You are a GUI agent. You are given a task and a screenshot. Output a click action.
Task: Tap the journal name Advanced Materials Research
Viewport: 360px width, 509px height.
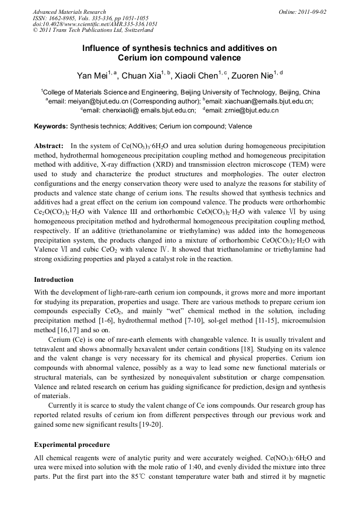pyautogui.click(x=69, y=11)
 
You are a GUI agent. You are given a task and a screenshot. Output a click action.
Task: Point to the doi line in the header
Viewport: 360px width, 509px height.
pyautogui.click(x=95, y=24)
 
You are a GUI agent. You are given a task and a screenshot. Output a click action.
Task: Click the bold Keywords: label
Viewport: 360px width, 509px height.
pyautogui.click(x=51, y=126)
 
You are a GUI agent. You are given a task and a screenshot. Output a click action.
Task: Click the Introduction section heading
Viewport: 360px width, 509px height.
pyautogui.click(x=54, y=279)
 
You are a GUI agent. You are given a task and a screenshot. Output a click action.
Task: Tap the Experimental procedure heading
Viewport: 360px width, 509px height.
pyautogui.click(x=72, y=444)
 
